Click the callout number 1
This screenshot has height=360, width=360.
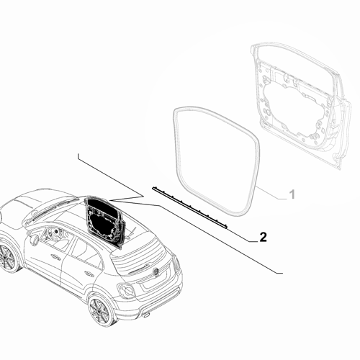tap(292, 194)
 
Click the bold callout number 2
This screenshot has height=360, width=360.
tap(263, 237)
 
